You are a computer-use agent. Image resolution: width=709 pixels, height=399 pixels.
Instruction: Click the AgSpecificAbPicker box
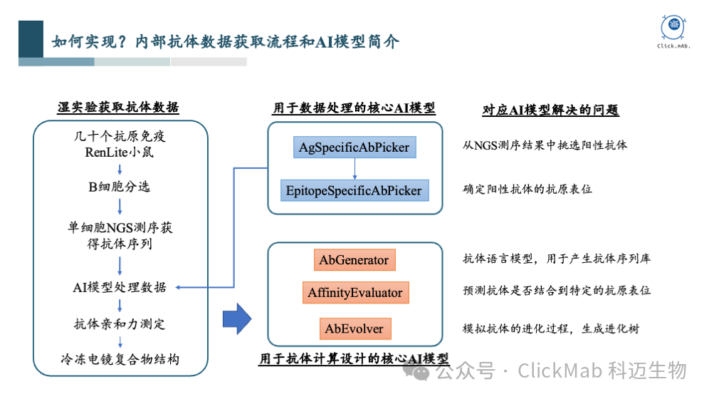(354, 148)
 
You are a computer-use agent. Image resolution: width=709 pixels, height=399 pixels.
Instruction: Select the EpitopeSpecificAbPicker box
(354, 190)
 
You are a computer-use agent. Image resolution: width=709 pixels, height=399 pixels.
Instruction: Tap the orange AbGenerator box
(354, 260)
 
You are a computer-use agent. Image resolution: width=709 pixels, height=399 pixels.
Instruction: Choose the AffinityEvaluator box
(354, 293)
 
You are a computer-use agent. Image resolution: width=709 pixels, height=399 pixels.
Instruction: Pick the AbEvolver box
(354, 329)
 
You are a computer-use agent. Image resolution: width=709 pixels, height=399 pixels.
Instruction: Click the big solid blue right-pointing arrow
(238, 317)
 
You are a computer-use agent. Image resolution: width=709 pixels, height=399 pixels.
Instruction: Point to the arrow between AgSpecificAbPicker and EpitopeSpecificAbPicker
(354, 170)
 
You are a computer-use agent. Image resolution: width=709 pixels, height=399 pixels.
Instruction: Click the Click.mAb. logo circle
(673, 28)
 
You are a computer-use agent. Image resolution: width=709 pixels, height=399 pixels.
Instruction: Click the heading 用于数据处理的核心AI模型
(354, 108)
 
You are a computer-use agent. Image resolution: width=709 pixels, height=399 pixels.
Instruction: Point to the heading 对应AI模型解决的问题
(550, 110)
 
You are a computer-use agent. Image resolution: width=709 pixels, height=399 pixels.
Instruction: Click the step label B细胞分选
(120, 187)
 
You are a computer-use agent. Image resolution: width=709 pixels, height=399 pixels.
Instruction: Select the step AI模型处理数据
(120, 287)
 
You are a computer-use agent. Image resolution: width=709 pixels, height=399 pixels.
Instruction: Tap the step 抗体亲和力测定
(120, 324)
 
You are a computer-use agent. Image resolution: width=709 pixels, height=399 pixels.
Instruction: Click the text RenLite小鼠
(120, 152)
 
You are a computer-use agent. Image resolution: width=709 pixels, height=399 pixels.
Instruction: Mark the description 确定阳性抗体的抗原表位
(527, 190)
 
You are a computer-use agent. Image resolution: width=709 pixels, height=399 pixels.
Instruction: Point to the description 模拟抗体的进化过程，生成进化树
(551, 328)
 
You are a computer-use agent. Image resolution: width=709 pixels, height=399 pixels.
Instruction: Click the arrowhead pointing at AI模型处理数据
(177, 287)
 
